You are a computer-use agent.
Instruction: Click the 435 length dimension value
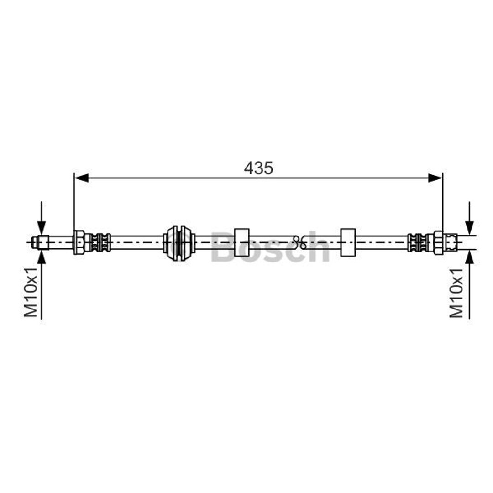pos(258,168)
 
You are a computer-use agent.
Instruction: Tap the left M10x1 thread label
pos(31,293)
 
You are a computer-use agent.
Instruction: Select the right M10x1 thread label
pos(456,293)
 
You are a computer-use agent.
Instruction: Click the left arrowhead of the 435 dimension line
pos(81,178)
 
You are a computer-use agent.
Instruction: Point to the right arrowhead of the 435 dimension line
pos(435,178)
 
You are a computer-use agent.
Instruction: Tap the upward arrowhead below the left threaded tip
pos(42,257)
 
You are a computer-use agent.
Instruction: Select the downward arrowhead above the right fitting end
pos(470,228)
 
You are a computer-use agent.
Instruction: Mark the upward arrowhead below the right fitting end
pos(470,257)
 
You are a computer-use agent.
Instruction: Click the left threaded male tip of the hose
pos(40,242)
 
